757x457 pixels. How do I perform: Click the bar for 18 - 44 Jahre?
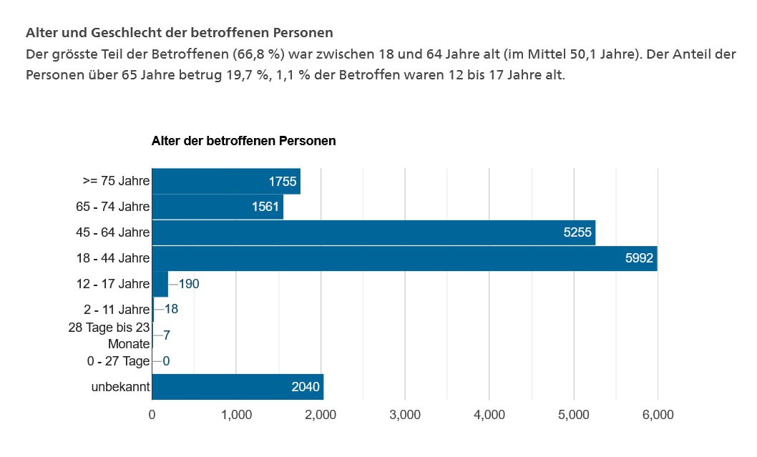404,258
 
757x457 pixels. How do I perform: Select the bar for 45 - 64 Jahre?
373,232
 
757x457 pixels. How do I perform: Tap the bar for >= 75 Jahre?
226,181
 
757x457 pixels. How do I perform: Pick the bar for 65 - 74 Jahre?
218,207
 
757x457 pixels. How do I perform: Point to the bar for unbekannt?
238,387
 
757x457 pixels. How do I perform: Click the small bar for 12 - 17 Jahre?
160,284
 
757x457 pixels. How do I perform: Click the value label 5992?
639,258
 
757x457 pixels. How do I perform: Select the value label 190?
189,284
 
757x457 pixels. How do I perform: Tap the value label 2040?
306,387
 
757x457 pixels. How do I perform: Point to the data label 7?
166,335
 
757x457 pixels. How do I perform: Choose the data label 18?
171,310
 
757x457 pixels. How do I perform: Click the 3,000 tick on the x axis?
405,415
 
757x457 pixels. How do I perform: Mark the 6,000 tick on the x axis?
658,415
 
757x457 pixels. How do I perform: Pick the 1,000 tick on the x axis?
237,415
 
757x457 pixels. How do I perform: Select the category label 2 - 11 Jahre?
113,310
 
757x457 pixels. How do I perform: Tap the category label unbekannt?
120,387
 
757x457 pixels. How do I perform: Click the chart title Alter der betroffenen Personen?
243,141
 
